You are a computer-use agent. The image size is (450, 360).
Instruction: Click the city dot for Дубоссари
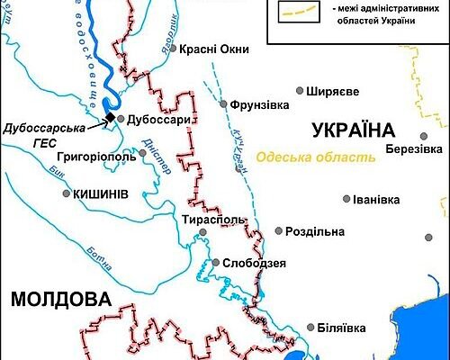pos(120,119)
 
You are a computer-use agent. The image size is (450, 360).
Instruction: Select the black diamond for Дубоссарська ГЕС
pos(110,118)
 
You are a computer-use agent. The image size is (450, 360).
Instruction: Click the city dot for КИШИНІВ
pos(66,193)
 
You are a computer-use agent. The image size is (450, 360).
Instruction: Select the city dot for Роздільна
pos(279,231)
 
